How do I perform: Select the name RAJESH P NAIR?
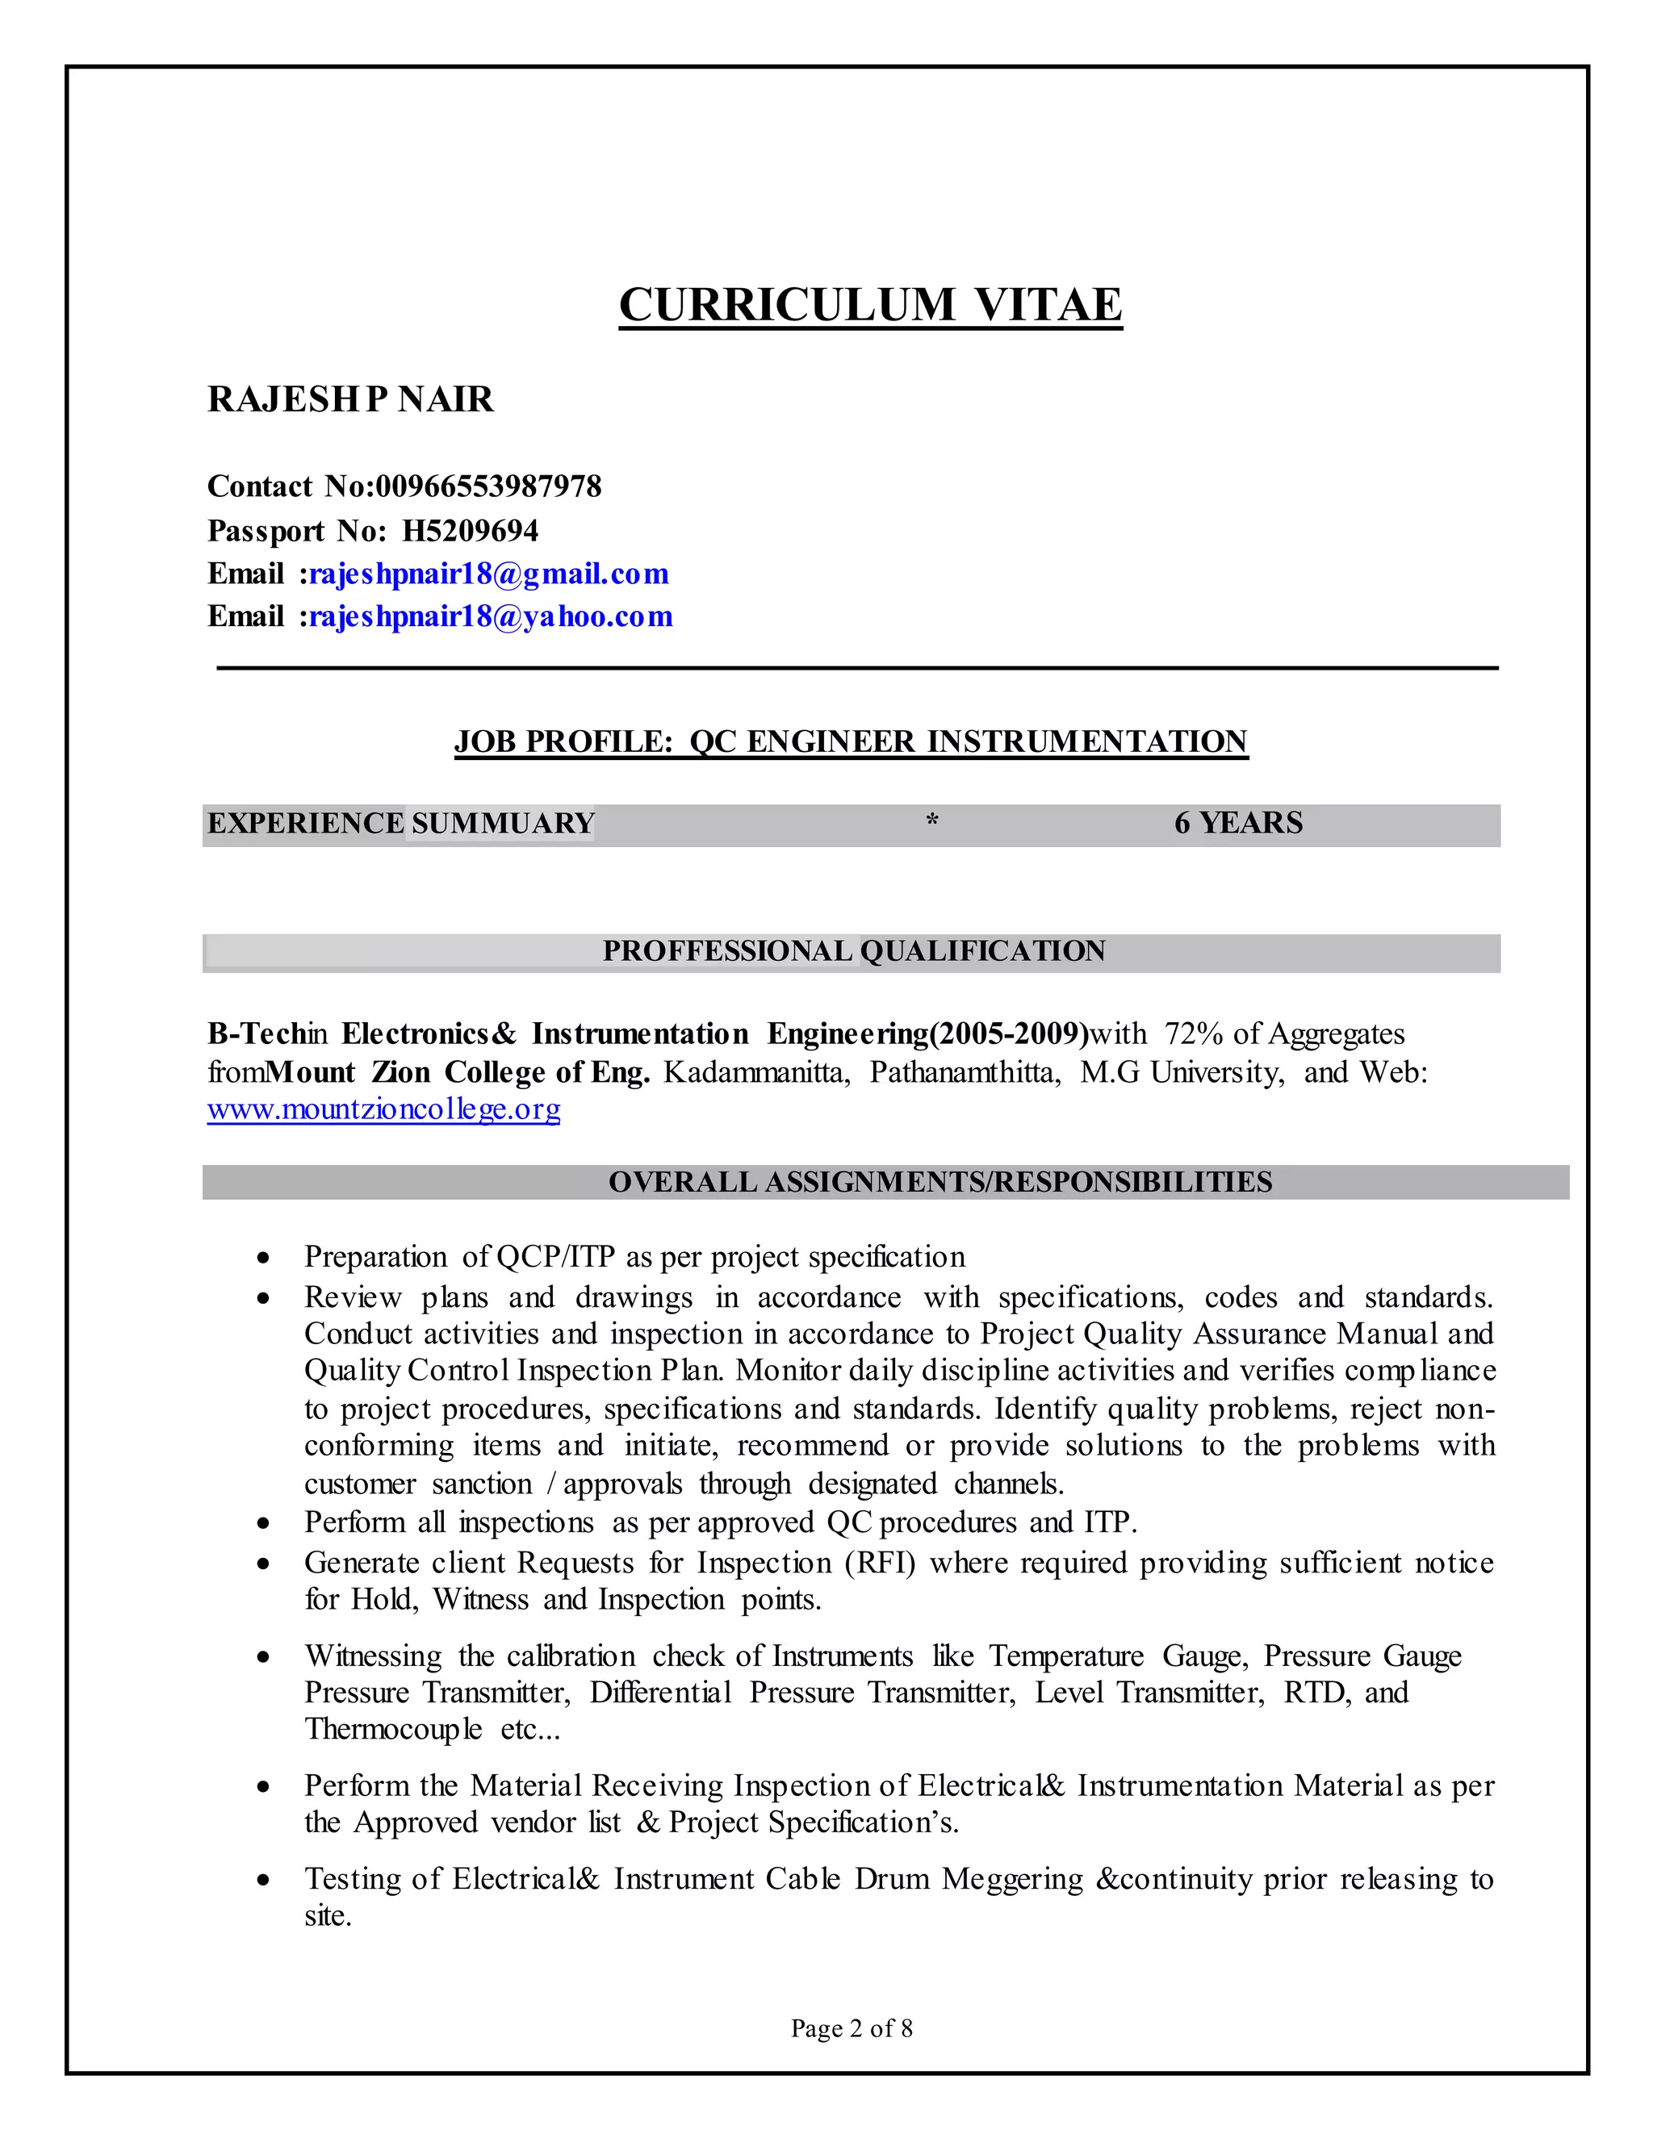click(349, 399)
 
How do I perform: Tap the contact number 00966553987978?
click(488, 486)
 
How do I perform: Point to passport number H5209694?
click(470, 531)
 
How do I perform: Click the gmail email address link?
click(488, 574)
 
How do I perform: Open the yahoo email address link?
click(491, 616)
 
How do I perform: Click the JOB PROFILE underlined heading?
click(850, 741)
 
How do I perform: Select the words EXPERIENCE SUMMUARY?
click(400, 823)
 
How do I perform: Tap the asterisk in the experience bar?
click(932, 821)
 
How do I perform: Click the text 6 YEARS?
click(1238, 823)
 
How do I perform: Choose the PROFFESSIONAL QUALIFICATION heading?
click(853, 951)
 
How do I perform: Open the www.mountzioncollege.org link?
click(384, 1109)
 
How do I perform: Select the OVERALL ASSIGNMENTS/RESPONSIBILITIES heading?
click(939, 1183)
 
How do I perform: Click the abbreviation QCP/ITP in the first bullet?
click(557, 1257)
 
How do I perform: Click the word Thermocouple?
click(393, 1730)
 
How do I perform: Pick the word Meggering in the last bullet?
click(1011, 1880)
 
